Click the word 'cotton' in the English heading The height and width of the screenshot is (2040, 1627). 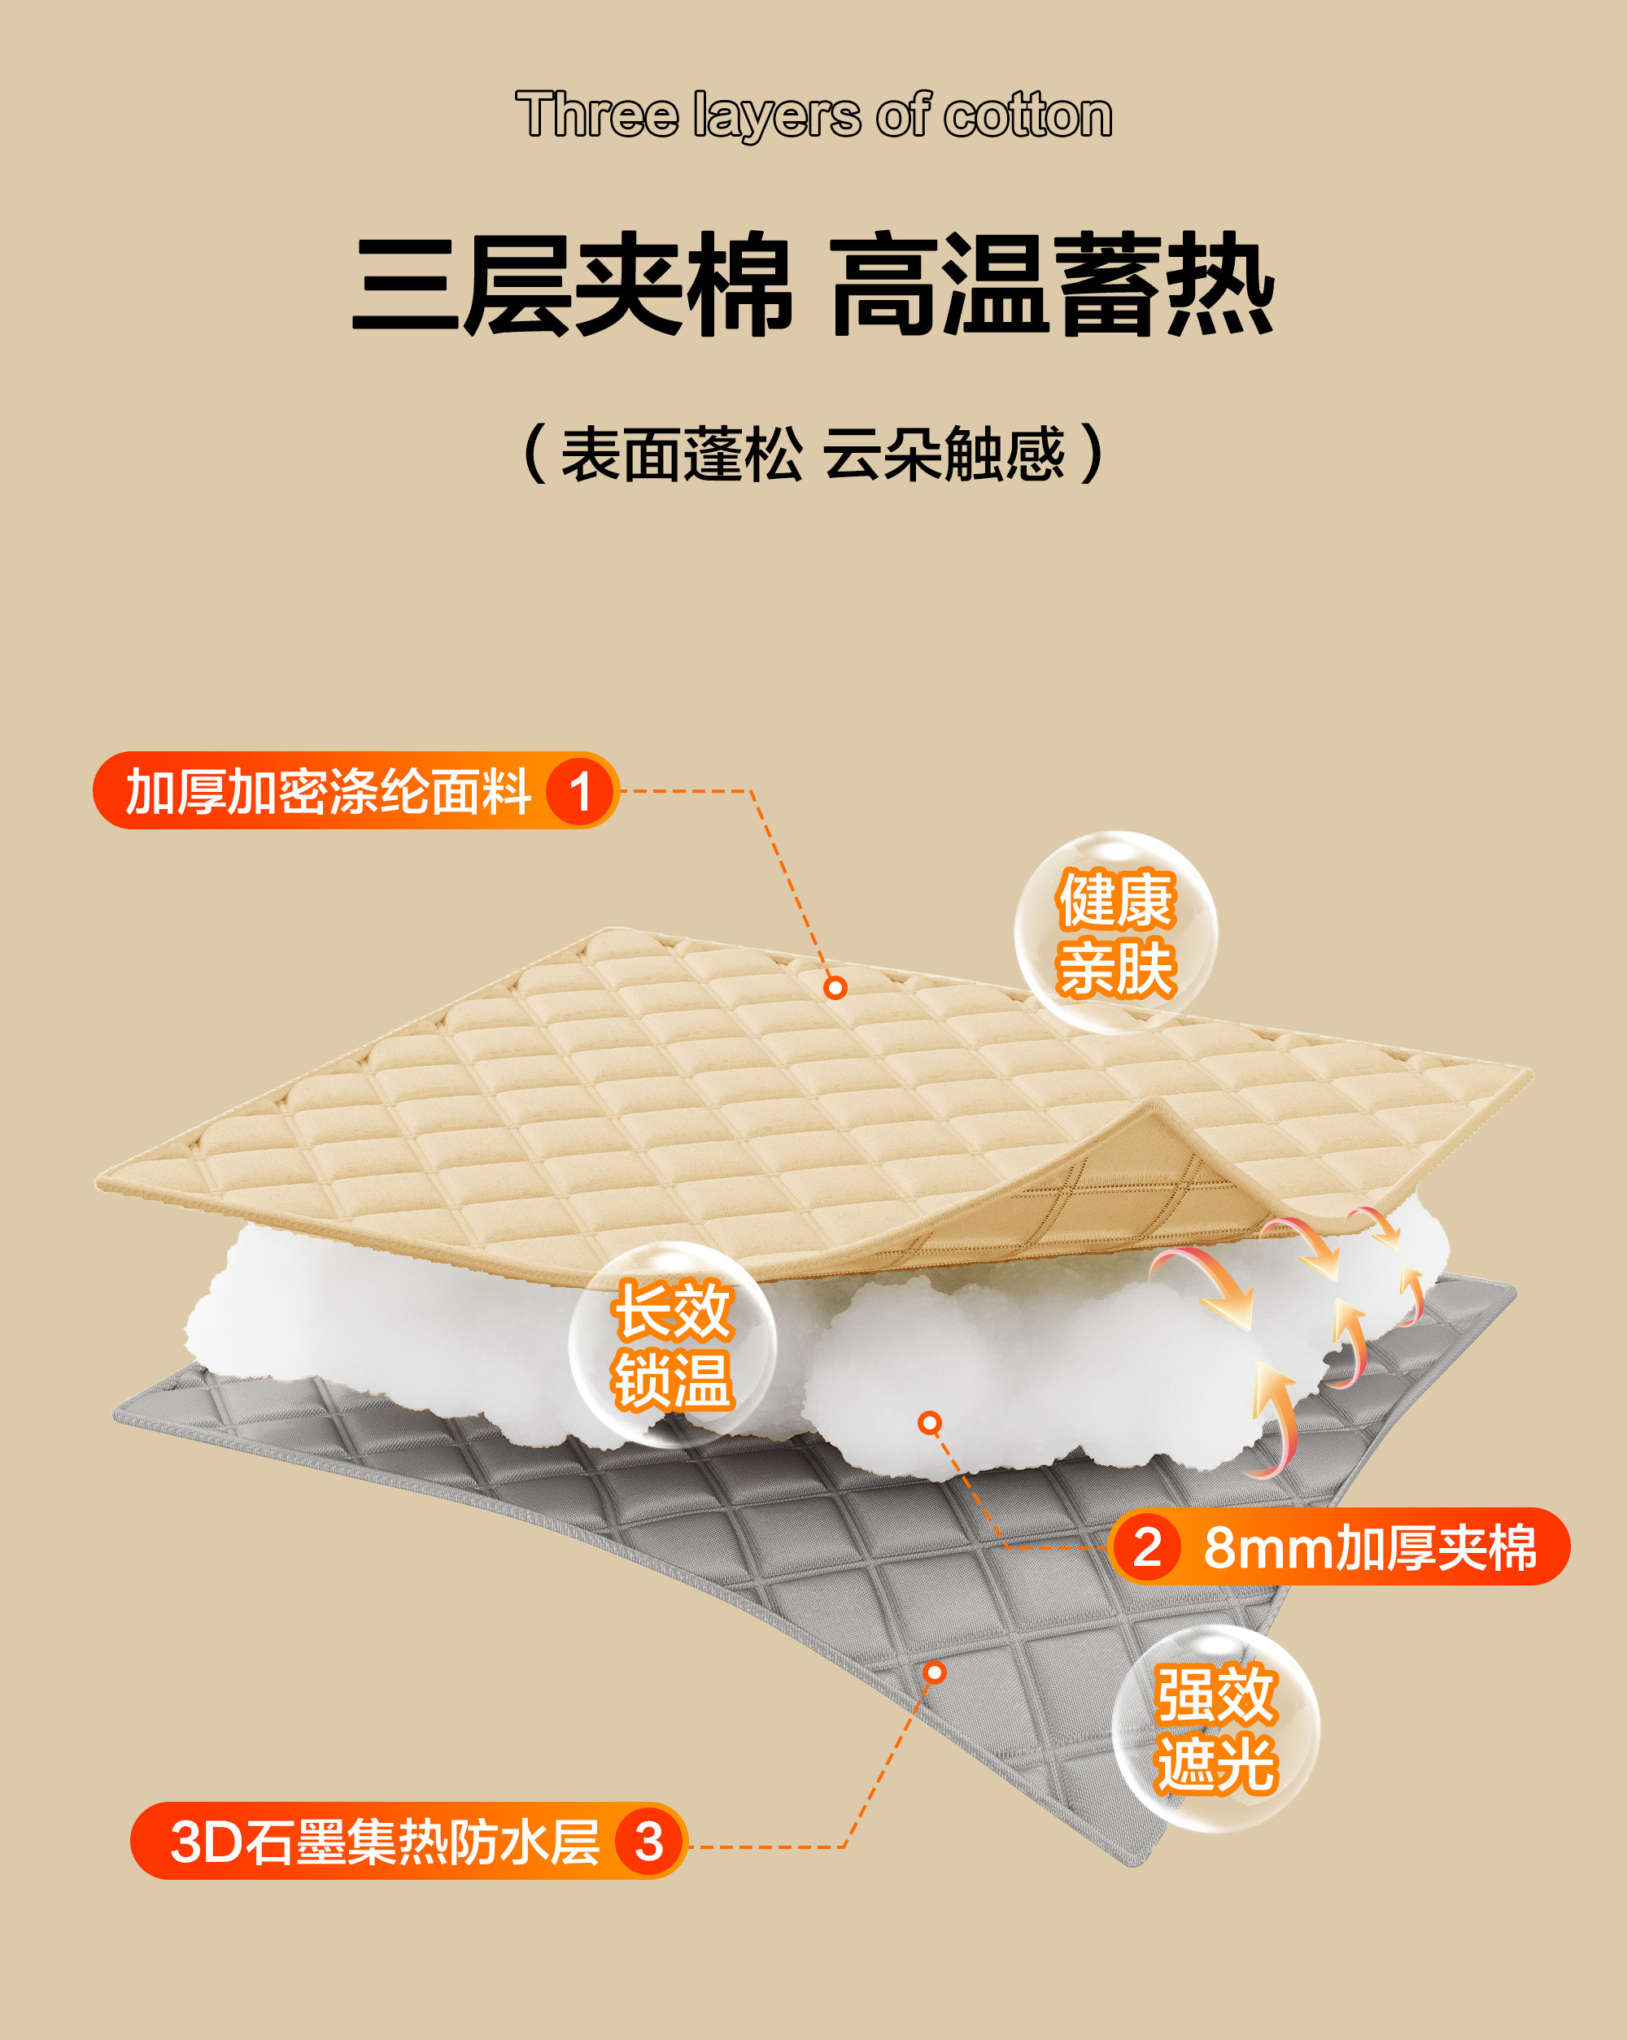(1028, 115)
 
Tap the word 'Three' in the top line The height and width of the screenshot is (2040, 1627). (596, 115)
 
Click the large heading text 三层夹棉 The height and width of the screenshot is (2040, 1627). (571, 285)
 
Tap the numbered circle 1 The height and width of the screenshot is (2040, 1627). (579, 791)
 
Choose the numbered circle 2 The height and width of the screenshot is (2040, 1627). (1147, 1547)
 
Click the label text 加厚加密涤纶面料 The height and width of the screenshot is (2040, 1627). (328, 791)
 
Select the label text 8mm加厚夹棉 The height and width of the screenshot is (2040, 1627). (1370, 1547)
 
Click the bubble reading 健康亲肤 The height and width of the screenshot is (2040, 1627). (1116, 933)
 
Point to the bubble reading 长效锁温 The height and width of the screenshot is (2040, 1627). (672, 1343)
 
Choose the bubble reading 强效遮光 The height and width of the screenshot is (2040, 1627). (1215, 1729)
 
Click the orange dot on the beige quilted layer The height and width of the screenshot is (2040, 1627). (835, 988)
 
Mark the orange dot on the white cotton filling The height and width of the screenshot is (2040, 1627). (931, 1423)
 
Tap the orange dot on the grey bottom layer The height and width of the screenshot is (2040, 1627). (934, 1672)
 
